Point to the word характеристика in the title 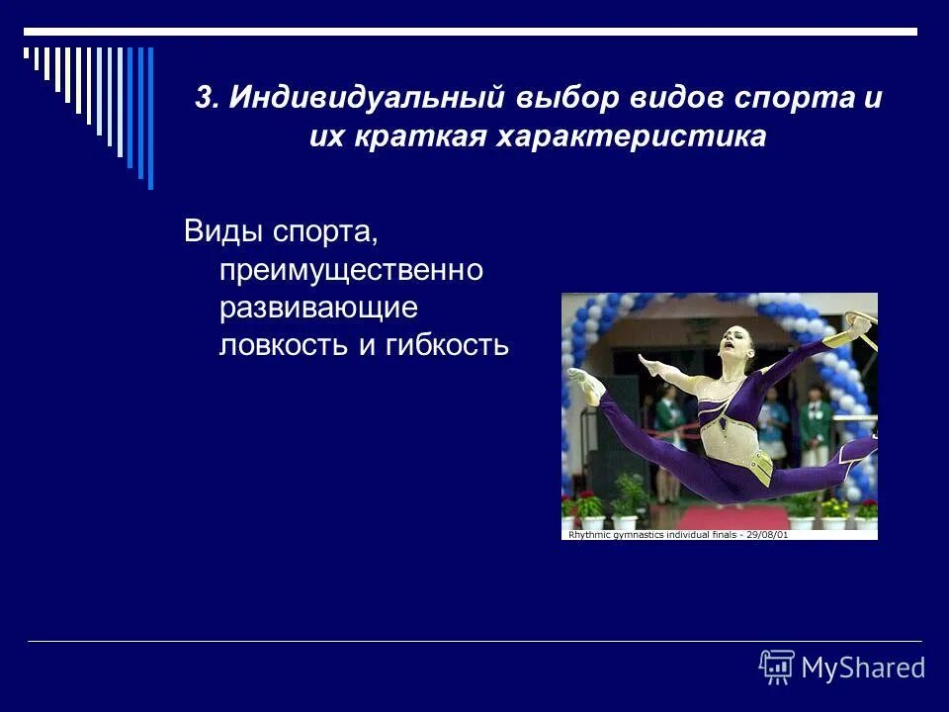click(x=632, y=136)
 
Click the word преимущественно click(x=351, y=271)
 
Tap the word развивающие click(x=319, y=308)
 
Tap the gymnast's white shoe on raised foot click(x=585, y=386)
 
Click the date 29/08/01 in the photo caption click(x=767, y=535)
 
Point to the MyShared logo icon click(x=777, y=667)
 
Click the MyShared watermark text click(x=862, y=668)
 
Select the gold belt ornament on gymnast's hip click(x=758, y=462)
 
